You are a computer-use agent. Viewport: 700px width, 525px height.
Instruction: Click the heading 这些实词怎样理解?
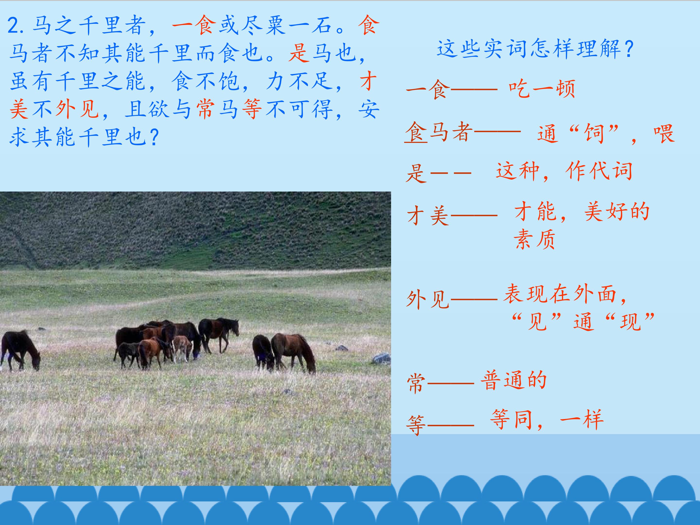pos(535,49)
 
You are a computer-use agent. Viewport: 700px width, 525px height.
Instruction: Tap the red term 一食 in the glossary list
pos(428,89)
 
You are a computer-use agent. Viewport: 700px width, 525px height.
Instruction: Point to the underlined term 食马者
pos(439,132)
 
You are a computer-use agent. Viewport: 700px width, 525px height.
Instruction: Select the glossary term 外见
pos(428,299)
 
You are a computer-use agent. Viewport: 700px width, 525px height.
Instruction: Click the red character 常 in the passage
pos(205,109)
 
